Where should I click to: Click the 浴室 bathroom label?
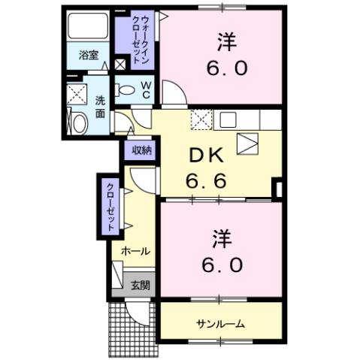(x=89, y=55)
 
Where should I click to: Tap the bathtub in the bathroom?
(x=89, y=28)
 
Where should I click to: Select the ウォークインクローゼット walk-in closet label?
(x=136, y=41)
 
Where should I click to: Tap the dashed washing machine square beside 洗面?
(x=77, y=95)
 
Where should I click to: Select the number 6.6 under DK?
(x=207, y=181)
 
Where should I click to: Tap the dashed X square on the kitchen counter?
(x=201, y=119)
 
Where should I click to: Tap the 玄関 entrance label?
(x=140, y=285)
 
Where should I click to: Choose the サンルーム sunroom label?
(x=220, y=323)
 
